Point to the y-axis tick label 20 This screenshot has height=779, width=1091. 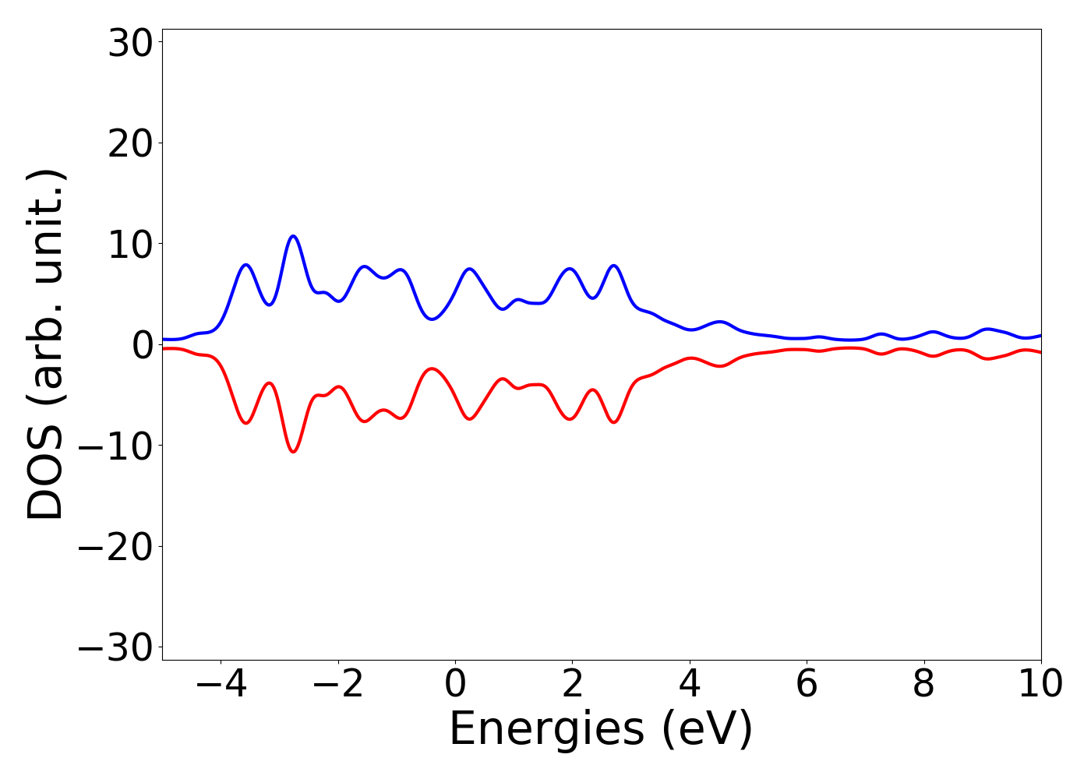[129, 144]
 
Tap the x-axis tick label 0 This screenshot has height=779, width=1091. [455, 684]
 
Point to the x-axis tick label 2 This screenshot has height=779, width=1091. [572, 684]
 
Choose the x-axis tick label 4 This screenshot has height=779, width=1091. [690, 684]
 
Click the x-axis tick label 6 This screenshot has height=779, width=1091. [807, 684]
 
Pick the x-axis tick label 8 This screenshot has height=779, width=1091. [923, 684]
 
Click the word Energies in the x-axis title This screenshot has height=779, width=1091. [546, 730]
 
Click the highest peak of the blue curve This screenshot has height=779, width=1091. [293, 236]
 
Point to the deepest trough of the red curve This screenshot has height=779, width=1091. [293, 452]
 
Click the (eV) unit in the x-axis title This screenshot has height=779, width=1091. [708, 730]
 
